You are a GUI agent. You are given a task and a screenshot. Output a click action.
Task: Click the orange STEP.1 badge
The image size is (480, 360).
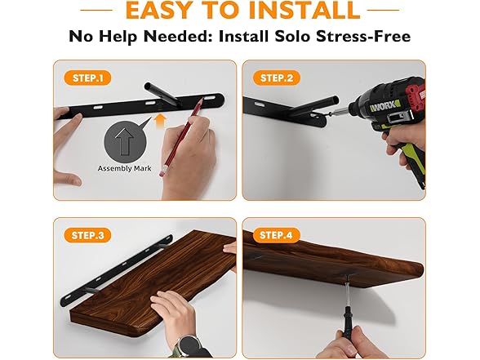87,78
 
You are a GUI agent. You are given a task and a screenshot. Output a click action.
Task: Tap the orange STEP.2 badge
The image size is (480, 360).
277,78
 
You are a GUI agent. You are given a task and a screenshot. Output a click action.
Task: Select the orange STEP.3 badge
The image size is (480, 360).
87,235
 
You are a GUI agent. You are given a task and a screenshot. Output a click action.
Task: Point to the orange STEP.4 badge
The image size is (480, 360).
277,235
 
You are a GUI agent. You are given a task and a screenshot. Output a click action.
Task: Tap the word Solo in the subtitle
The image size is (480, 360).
292,36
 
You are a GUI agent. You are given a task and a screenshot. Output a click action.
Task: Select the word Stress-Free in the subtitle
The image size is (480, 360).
363,36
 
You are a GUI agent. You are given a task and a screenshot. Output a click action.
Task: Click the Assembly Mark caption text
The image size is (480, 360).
124,168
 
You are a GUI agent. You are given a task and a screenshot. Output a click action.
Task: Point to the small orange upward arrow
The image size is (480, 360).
160,121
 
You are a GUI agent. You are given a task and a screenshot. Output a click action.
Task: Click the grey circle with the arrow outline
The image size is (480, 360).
125,141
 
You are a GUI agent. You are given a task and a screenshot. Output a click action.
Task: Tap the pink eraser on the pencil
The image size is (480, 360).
162,172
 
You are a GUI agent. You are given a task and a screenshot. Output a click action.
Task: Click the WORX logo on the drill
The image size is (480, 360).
384,107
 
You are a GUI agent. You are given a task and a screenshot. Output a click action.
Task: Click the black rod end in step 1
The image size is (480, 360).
148,87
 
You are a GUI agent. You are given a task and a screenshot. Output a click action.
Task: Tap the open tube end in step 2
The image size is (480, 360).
336,100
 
